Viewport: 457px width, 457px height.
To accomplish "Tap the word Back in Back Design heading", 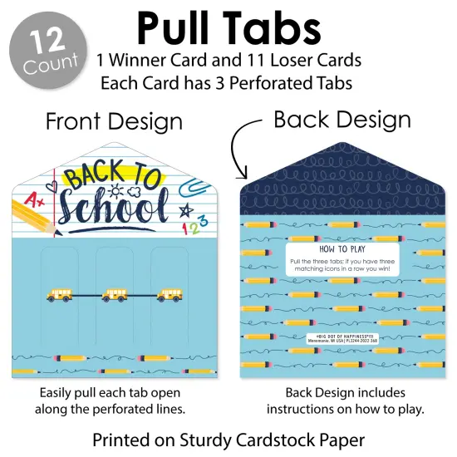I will point(302,120).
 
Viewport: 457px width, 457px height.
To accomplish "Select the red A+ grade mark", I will point(34,199).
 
